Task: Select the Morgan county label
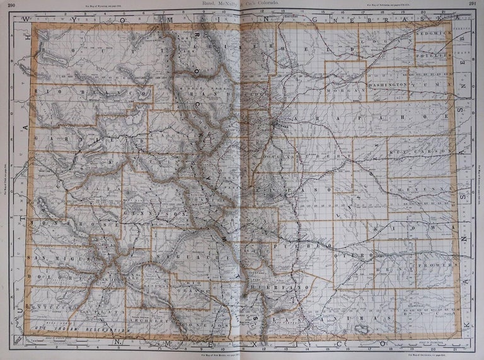click(x=338, y=90)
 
